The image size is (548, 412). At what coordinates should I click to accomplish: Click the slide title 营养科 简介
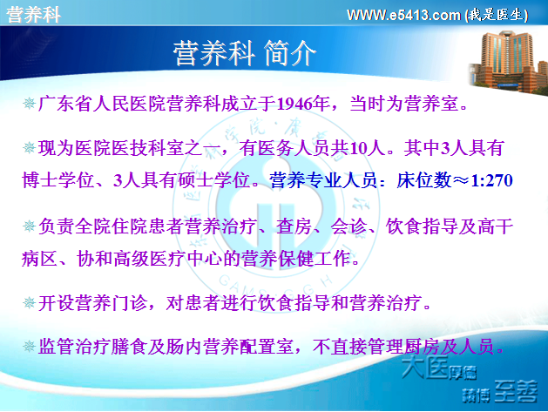tap(244, 53)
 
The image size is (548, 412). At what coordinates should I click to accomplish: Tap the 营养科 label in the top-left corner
tap(34, 15)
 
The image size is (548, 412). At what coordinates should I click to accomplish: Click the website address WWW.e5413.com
tap(403, 15)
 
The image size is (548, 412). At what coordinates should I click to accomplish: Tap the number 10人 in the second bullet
tap(368, 148)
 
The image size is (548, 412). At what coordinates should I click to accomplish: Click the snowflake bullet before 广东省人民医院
tap(29, 104)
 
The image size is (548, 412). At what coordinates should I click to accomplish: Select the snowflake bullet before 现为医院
tap(29, 148)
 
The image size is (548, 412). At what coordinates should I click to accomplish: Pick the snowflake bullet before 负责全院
tap(29, 226)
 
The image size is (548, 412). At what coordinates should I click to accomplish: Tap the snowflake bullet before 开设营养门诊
tap(29, 302)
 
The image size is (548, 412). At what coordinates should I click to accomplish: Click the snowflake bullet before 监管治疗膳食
tap(29, 347)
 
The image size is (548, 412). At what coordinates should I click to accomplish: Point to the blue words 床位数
tap(424, 180)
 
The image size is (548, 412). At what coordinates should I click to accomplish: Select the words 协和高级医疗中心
tap(149, 259)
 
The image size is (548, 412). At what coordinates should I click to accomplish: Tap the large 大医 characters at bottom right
tap(424, 368)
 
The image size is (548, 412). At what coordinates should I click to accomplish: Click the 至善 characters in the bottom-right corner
tap(516, 391)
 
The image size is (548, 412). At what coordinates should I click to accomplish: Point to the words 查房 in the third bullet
tap(294, 226)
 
